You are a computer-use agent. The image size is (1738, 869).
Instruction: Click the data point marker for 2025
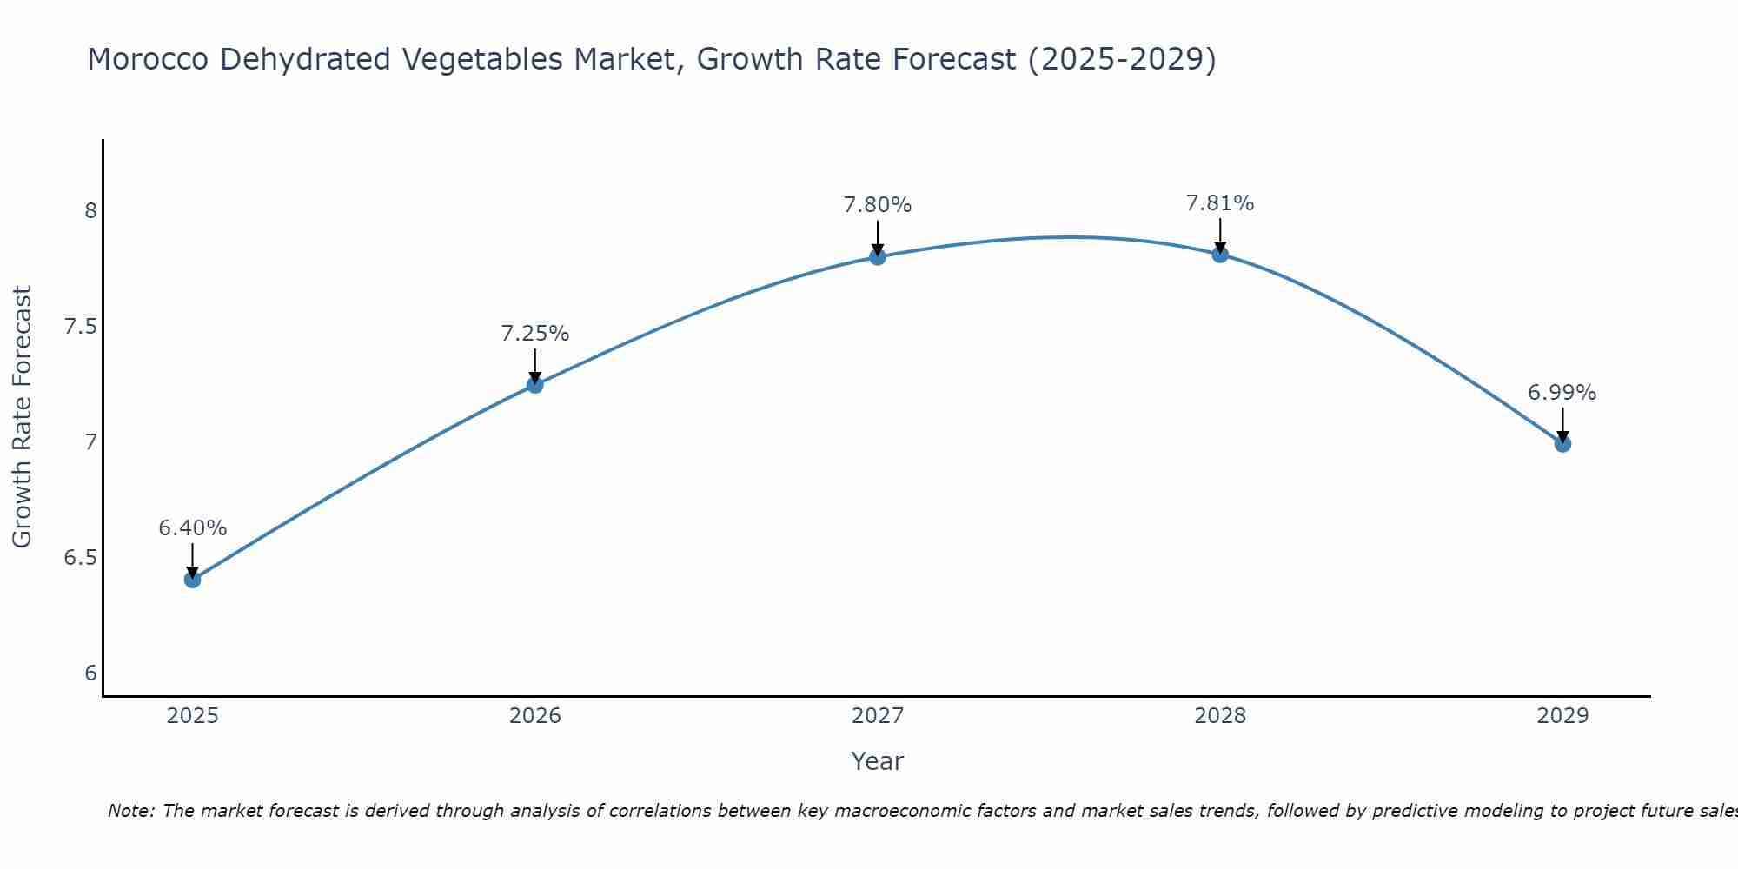click(193, 580)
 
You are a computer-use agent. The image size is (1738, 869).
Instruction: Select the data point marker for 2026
click(535, 385)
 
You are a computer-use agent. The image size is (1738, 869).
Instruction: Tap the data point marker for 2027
click(878, 256)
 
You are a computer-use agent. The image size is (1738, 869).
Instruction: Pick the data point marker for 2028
click(1220, 255)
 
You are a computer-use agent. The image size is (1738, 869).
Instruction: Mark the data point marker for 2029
click(1562, 444)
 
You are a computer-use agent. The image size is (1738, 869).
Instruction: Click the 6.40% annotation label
click(193, 528)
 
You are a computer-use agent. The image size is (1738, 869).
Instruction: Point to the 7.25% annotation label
click(535, 334)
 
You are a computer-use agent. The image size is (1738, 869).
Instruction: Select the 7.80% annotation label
click(878, 205)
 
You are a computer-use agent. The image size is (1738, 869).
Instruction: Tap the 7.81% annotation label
click(1220, 203)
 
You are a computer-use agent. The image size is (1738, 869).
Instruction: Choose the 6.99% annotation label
click(1562, 393)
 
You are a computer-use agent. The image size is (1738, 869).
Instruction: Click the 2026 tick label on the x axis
click(535, 716)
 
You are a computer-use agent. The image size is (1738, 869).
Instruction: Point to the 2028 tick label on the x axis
click(1220, 716)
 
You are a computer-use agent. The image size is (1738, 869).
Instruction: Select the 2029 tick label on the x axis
click(1562, 716)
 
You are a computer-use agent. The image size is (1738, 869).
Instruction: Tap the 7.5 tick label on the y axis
click(81, 327)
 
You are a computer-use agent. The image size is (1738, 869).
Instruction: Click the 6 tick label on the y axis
click(91, 673)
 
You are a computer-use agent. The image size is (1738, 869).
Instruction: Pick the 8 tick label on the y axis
click(91, 211)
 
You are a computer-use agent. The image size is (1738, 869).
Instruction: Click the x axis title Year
click(878, 761)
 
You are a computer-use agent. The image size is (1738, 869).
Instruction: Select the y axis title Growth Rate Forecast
click(23, 417)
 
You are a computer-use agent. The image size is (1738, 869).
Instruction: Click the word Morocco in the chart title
click(148, 60)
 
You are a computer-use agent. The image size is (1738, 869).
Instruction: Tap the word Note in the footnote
click(129, 811)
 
